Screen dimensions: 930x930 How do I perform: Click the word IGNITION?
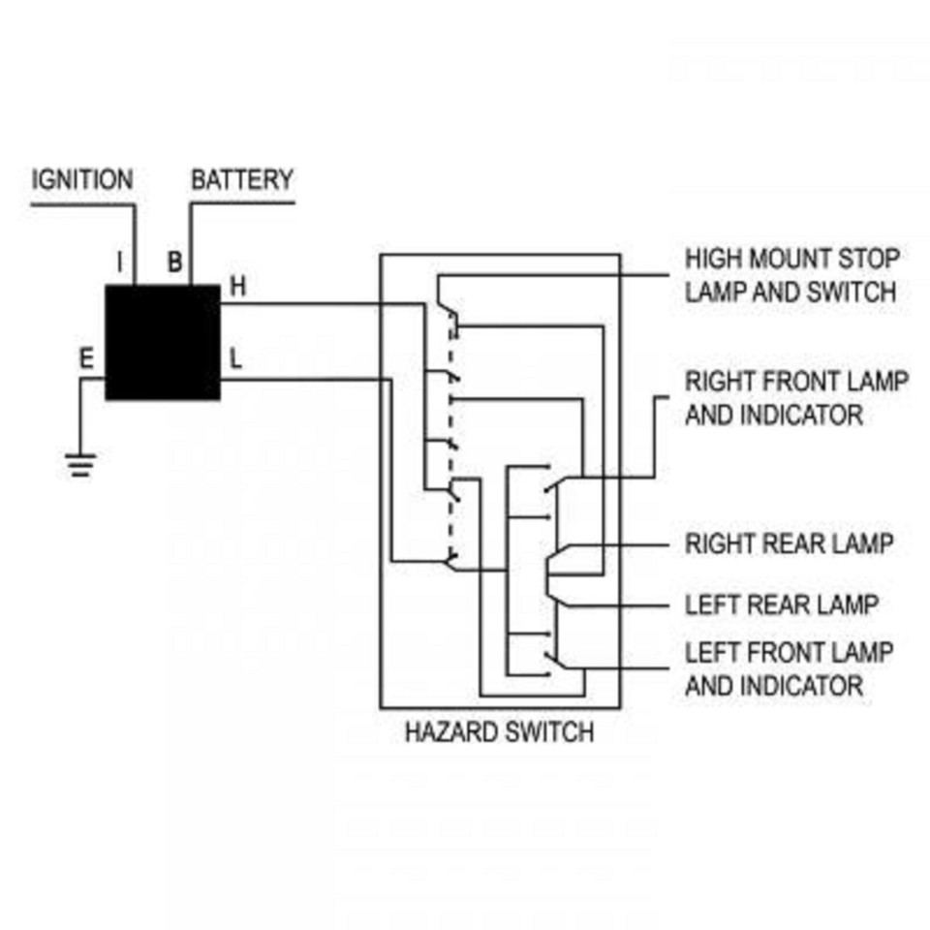click(x=82, y=180)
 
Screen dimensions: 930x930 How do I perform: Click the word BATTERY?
click(x=241, y=180)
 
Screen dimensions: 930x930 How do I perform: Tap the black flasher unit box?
click(x=163, y=342)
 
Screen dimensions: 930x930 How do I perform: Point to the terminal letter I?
click(x=119, y=263)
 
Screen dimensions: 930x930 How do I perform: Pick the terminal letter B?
click(x=175, y=263)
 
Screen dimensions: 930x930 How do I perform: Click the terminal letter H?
click(x=238, y=287)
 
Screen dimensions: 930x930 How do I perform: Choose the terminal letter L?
click(x=235, y=359)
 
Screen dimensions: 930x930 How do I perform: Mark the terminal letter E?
click(x=86, y=359)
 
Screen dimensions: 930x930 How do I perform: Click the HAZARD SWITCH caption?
click(x=499, y=731)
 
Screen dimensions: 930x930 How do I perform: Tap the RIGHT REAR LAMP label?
click(x=789, y=543)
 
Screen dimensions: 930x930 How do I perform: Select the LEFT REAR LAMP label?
click(x=781, y=604)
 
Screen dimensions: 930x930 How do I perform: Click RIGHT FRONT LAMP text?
click(x=796, y=381)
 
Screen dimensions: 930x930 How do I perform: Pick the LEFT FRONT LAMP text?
click(x=789, y=652)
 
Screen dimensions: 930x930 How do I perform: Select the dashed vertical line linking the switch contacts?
click(x=451, y=436)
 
